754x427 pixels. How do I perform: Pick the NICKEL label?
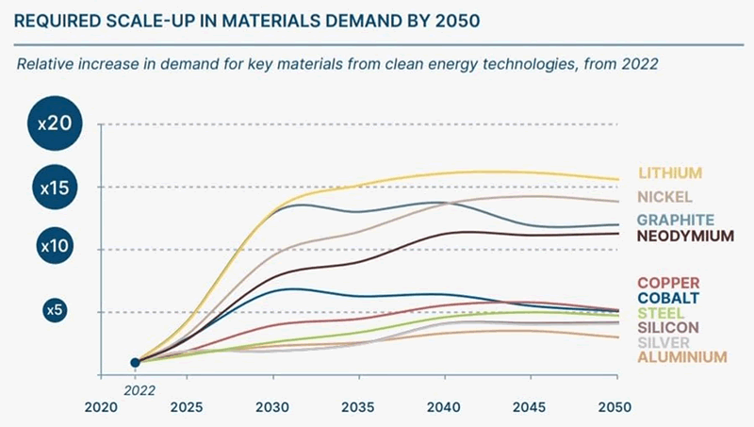pyautogui.click(x=665, y=197)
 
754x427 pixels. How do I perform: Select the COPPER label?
pyautogui.click(x=668, y=283)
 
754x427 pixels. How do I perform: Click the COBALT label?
pyautogui.click(x=668, y=298)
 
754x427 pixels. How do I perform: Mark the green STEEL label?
pyautogui.click(x=661, y=313)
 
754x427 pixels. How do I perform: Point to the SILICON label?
pyautogui.click(x=668, y=327)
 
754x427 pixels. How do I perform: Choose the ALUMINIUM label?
pyautogui.click(x=682, y=357)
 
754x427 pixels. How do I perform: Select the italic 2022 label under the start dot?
pyautogui.click(x=139, y=386)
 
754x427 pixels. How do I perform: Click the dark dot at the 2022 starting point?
pyautogui.click(x=135, y=362)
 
